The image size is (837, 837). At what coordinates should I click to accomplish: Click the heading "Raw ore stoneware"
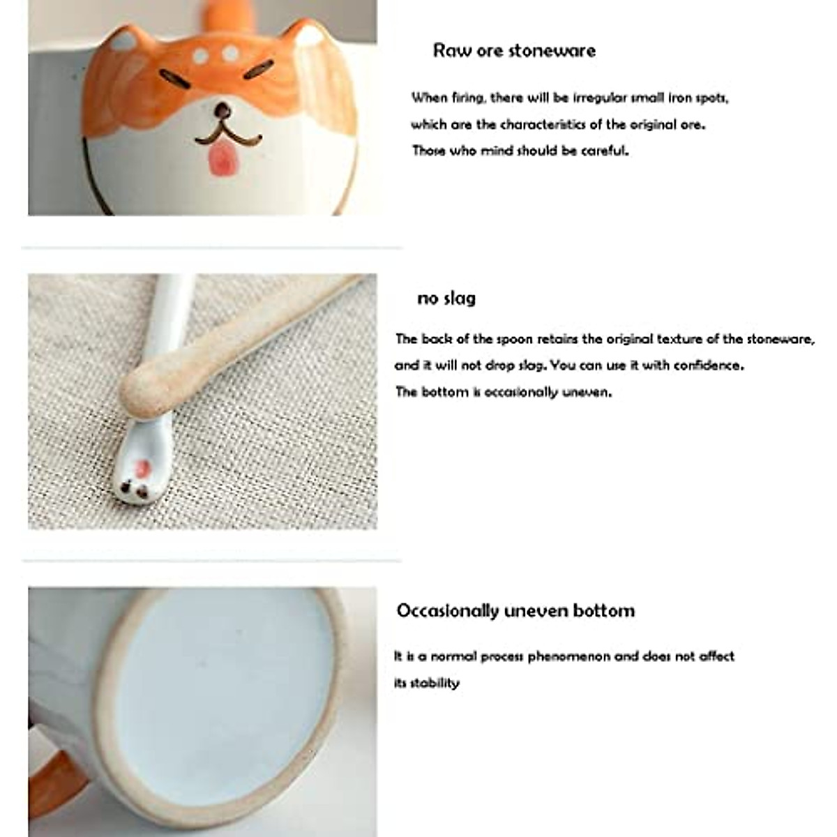[x=514, y=51]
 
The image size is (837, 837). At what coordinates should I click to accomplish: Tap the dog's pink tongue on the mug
[x=221, y=160]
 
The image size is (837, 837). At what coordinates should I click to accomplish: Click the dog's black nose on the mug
[x=223, y=110]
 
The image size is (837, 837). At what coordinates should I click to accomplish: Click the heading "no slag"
[x=446, y=299]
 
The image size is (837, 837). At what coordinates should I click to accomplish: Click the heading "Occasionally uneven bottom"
[x=515, y=611]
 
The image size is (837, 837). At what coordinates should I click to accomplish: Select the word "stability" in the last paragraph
[x=435, y=683]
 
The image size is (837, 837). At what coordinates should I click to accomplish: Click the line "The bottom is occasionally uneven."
[x=503, y=392]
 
